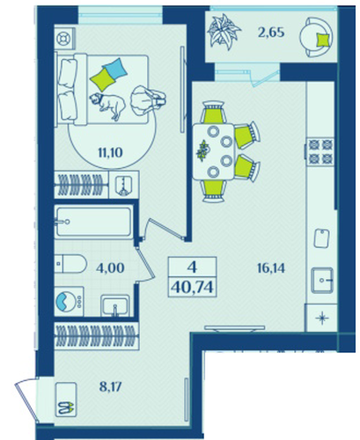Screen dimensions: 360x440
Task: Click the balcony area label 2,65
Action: [271, 33]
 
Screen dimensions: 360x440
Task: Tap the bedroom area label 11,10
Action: [110, 152]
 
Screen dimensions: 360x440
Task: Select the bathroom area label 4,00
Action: [110, 268]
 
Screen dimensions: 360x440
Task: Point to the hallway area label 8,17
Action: [110, 387]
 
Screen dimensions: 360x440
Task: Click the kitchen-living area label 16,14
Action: [271, 268]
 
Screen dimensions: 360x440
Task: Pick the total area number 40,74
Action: [192, 288]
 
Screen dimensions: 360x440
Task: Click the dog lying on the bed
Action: [107, 106]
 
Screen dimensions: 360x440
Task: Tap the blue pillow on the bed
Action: [116, 69]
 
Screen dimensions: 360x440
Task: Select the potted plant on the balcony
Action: [224, 33]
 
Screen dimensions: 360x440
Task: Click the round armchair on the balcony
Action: [317, 37]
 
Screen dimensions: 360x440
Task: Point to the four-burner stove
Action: [320, 151]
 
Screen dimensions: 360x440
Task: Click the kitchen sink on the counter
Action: [322, 280]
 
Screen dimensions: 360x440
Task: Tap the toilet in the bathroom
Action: [70, 263]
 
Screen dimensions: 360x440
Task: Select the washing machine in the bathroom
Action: [70, 301]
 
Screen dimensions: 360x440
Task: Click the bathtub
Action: [93, 222]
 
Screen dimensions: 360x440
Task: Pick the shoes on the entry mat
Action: [66, 407]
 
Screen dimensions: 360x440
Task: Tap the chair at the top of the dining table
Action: [213, 112]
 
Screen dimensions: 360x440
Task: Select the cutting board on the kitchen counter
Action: [321, 238]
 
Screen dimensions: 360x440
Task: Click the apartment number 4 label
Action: [192, 268]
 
